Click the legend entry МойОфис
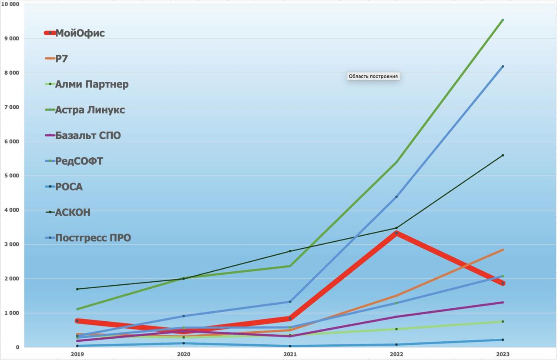[80, 33]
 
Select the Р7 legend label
[61, 59]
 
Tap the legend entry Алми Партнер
[91, 84]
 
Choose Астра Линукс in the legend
[90, 110]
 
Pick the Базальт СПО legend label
[87, 136]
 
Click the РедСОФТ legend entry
[79, 161]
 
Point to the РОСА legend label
[68, 187]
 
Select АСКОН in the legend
[72, 213]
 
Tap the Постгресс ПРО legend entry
[93, 238]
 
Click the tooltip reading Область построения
[373, 76]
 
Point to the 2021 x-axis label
[290, 354]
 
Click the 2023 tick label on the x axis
[503, 354]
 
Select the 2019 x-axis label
[77, 354]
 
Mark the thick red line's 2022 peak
[396, 233]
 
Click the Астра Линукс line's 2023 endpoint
[503, 20]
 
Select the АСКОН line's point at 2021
[290, 251]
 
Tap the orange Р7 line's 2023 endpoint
[503, 250]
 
